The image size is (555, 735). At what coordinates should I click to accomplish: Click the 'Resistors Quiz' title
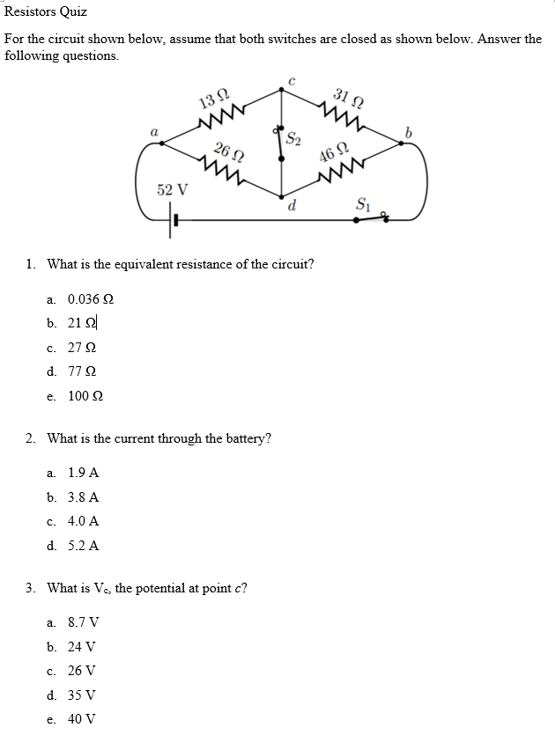point(46,12)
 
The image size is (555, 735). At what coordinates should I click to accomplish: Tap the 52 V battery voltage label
point(173,189)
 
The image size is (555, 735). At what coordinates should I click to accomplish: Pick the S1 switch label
point(362,206)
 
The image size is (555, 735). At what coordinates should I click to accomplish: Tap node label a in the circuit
point(153,130)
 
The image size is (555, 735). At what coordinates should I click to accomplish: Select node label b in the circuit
point(408,131)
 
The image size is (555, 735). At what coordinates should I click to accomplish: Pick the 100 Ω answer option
point(85,396)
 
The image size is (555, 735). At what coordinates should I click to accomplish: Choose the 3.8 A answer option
point(83,496)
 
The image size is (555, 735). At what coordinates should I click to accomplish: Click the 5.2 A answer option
point(83,546)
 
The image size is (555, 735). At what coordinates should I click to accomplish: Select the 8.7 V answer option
point(83,621)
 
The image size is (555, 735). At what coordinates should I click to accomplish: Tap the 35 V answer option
point(83,695)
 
